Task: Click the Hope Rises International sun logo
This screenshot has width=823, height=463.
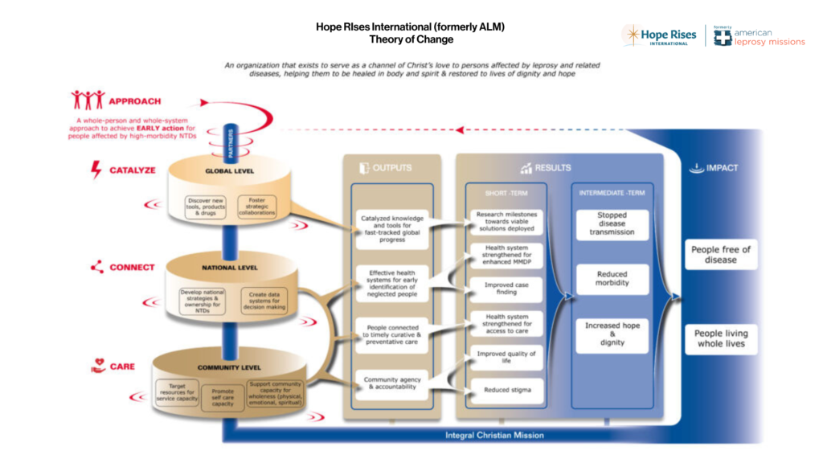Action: pos(633,35)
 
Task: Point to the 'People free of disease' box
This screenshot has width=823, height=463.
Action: pos(720,255)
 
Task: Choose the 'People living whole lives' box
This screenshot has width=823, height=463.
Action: pos(720,338)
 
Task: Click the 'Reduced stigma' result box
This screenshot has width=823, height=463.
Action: pos(506,391)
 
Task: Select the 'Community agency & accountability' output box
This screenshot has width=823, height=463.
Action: pos(392,385)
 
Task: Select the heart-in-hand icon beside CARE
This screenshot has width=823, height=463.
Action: pos(97,367)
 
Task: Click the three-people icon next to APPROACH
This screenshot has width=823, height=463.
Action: pos(88,100)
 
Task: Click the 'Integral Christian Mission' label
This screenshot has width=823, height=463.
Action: pos(494,436)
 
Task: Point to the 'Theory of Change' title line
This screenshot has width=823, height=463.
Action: pos(411,39)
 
